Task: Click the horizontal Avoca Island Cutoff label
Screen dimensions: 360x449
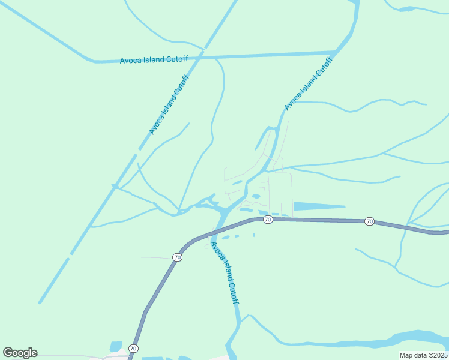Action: pyautogui.click(x=154, y=59)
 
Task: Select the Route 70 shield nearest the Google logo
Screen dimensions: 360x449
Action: pyautogui.click(x=133, y=348)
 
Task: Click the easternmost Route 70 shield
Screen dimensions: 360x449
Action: pyautogui.click(x=369, y=221)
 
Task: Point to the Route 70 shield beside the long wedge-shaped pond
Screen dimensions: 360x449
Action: pyautogui.click(x=268, y=220)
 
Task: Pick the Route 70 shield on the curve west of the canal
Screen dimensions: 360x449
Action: pyautogui.click(x=177, y=257)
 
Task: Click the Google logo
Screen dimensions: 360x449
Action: pyautogui.click(x=20, y=353)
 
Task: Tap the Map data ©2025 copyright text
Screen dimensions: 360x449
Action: pyautogui.click(x=423, y=355)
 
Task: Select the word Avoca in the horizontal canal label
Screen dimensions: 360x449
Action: pyautogui.click(x=131, y=61)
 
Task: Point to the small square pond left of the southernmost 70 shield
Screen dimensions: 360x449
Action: pyautogui.click(x=116, y=347)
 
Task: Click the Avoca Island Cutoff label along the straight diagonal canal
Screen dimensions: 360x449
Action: pyautogui.click(x=169, y=105)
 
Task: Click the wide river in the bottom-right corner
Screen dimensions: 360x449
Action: pyautogui.click(x=414, y=337)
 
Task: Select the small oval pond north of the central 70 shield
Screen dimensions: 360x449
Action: pyautogui.click(x=256, y=196)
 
